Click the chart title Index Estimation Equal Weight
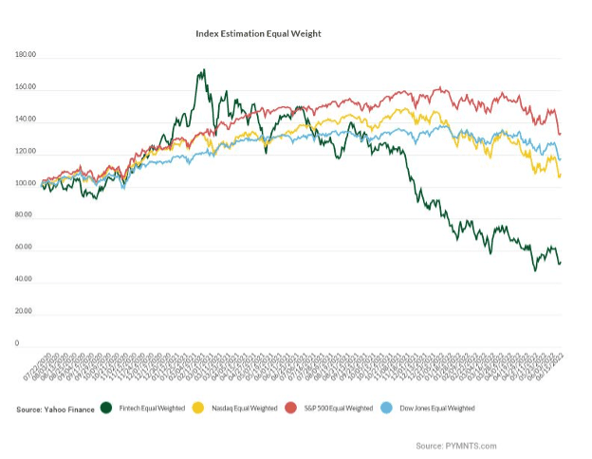click(258, 33)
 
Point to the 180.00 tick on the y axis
click(26, 56)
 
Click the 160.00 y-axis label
click(26, 88)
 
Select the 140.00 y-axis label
click(26, 120)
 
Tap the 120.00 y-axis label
click(26, 152)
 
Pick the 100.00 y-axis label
click(26, 184)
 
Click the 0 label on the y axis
click(17, 343)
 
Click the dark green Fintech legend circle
click(107, 408)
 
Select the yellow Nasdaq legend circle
click(198, 408)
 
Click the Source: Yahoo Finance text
click(55, 409)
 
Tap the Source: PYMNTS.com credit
click(455, 446)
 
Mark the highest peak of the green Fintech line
click(203, 69)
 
